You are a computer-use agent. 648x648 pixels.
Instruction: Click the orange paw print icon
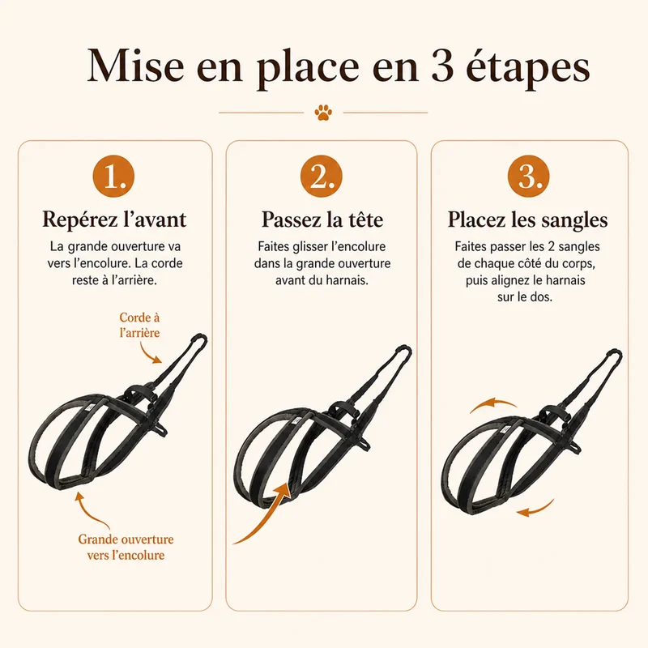point(323,112)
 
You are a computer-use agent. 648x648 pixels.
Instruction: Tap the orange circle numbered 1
point(113,176)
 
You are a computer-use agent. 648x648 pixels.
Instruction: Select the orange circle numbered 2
point(321,176)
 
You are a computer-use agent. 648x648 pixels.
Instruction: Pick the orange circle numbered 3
point(529,176)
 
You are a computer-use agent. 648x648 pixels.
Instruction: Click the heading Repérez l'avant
point(114,219)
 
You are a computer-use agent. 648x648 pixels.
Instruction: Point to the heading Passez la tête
point(322,219)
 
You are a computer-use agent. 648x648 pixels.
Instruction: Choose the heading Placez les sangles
point(528,220)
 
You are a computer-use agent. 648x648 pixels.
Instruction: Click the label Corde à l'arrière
point(139,325)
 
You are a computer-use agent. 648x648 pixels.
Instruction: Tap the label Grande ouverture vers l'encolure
point(126,548)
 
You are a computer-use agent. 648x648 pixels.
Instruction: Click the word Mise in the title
point(135,66)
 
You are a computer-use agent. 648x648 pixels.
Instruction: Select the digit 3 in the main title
point(443,66)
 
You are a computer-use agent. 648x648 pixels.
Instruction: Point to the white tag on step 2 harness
point(296,420)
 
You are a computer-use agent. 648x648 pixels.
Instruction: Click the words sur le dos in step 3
point(525,296)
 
